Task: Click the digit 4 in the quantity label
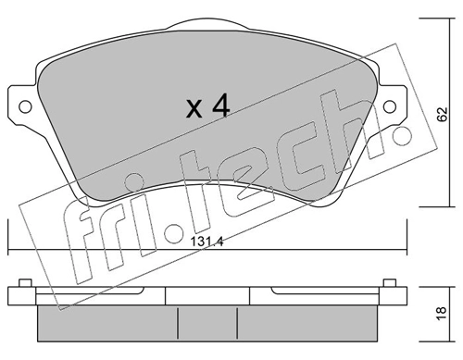(219, 107)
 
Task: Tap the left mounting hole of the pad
(23, 104)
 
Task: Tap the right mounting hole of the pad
(390, 104)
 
